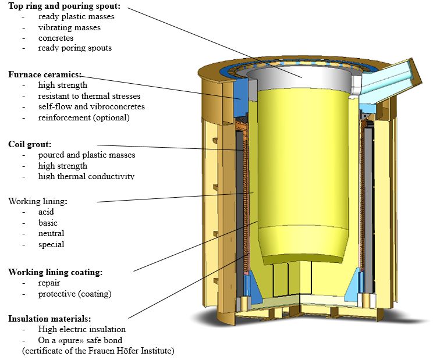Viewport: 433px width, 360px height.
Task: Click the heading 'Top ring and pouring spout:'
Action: (65, 6)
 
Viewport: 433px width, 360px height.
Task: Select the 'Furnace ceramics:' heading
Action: (45, 74)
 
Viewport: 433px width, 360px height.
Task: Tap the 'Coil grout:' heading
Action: (30, 144)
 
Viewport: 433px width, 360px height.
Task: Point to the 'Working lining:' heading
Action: (38, 201)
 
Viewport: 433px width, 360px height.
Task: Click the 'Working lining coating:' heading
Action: (55, 272)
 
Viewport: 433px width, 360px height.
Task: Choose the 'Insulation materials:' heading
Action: (49, 319)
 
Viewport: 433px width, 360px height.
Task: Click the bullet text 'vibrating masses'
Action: (69, 27)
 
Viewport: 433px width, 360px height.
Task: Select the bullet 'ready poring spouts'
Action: (75, 48)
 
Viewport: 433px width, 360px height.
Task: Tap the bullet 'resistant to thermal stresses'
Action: (89, 96)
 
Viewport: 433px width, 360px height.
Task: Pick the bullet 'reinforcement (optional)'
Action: (84, 117)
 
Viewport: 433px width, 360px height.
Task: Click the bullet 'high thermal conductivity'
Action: (86, 176)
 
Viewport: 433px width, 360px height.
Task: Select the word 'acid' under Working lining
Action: (46, 212)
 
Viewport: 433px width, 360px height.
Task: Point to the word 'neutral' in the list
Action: (51, 234)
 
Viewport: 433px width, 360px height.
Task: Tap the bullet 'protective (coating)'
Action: (74, 294)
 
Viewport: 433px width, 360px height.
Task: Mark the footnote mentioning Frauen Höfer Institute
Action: (98, 351)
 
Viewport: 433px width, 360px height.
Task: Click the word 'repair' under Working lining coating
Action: (49, 283)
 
